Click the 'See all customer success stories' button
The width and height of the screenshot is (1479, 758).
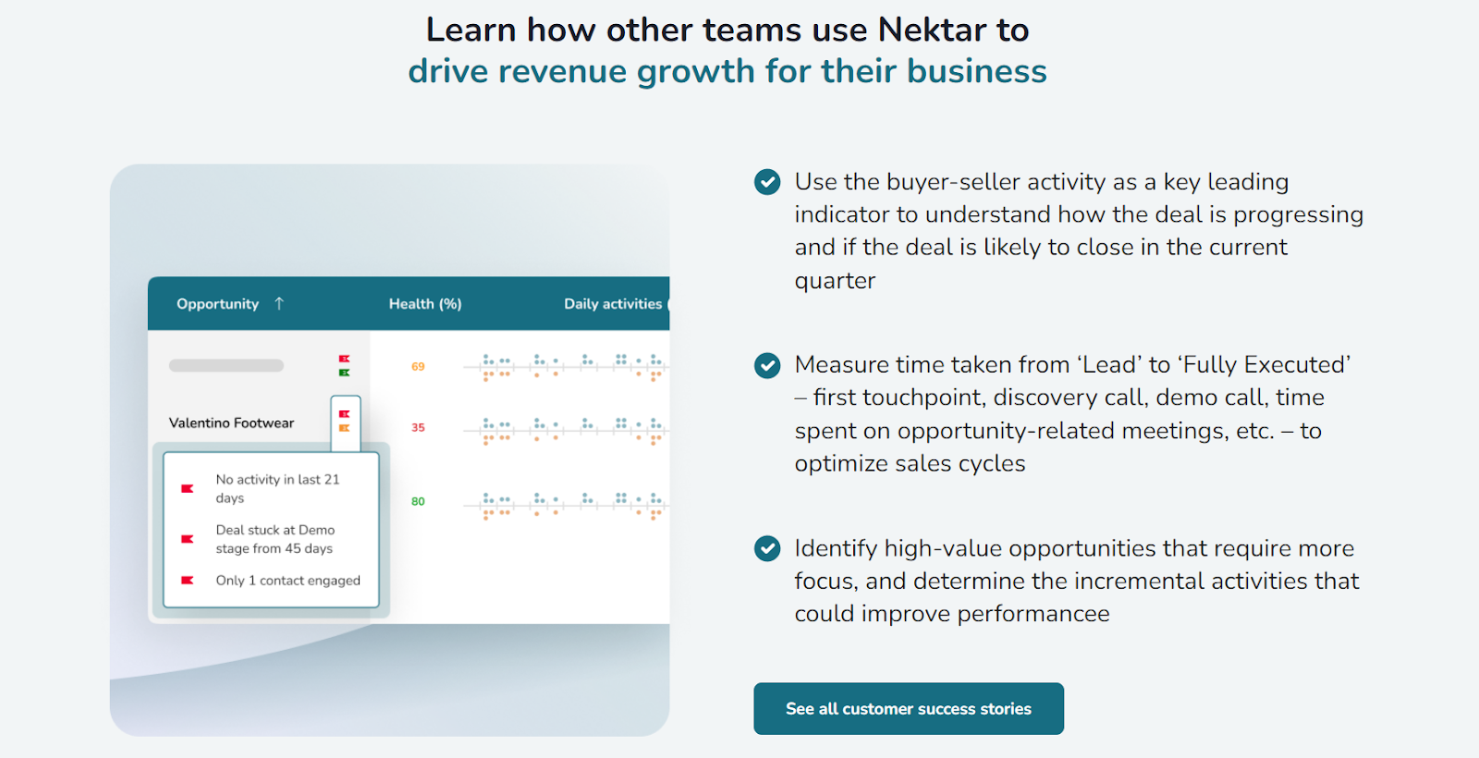click(908, 709)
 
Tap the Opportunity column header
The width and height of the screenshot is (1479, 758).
click(217, 304)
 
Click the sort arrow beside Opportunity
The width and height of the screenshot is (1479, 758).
click(279, 303)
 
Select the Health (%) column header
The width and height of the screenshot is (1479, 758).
click(425, 304)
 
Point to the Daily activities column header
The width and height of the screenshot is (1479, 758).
click(613, 304)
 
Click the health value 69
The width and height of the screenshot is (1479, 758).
click(418, 367)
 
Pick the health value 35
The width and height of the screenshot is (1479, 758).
click(418, 428)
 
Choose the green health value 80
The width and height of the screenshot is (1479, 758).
click(418, 502)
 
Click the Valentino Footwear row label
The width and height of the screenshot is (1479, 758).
click(231, 423)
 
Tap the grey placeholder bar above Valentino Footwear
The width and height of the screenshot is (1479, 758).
click(226, 366)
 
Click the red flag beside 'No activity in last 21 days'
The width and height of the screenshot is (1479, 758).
click(187, 488)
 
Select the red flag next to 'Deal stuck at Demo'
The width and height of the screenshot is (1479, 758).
click(187, 539)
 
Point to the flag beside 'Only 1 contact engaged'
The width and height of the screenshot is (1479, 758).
click(187, 581)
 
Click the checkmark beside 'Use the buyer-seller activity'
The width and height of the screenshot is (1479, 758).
click(767, 182)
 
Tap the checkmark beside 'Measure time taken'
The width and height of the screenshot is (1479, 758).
click(767, 365)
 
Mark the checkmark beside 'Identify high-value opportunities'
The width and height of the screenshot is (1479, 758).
click(767, 549)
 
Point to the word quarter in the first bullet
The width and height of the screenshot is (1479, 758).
click(835, 281)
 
